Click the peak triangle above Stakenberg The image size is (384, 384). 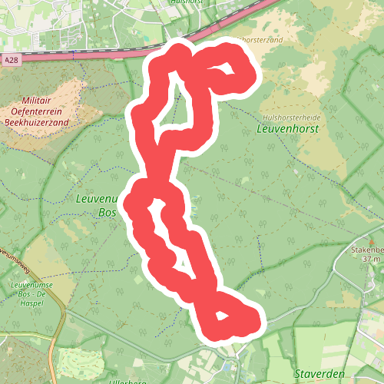coord(370,240)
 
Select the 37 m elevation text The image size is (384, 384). coord(372,259)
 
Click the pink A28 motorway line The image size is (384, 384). coord(92,56)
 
